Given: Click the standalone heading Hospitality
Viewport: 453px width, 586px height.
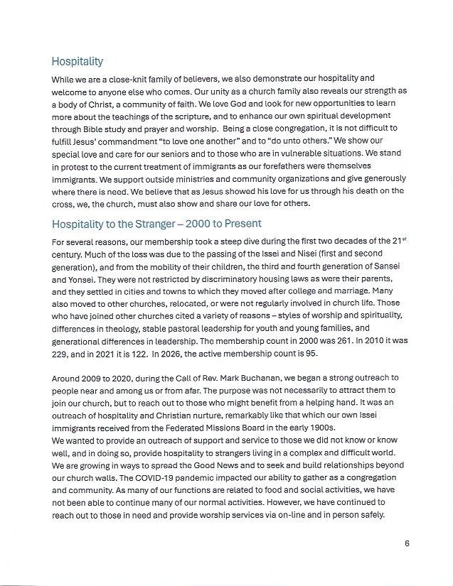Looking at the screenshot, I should [77, 62].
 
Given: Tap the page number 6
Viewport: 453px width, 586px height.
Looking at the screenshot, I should [407, 543].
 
